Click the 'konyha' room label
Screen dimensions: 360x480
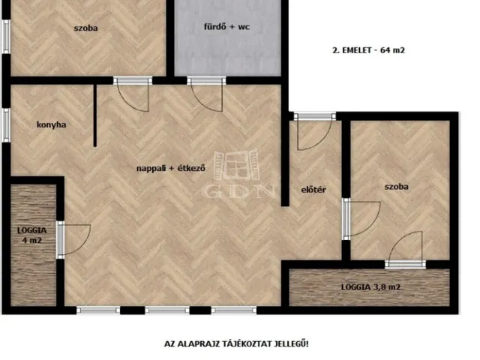pos(52,125)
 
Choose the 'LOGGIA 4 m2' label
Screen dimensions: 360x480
pos(32,235)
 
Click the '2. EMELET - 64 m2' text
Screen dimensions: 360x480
pos(367,51)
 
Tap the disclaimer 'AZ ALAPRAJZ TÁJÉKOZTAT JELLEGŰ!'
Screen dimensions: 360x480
pos(236,344)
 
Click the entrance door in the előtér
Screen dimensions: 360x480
pos(313,130)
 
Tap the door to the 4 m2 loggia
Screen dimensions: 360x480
pos(73,239)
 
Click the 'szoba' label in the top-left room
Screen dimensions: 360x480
pos(86,29)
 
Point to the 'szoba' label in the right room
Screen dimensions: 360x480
pos(396,187)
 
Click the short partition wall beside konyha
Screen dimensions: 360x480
pos(95,116)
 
